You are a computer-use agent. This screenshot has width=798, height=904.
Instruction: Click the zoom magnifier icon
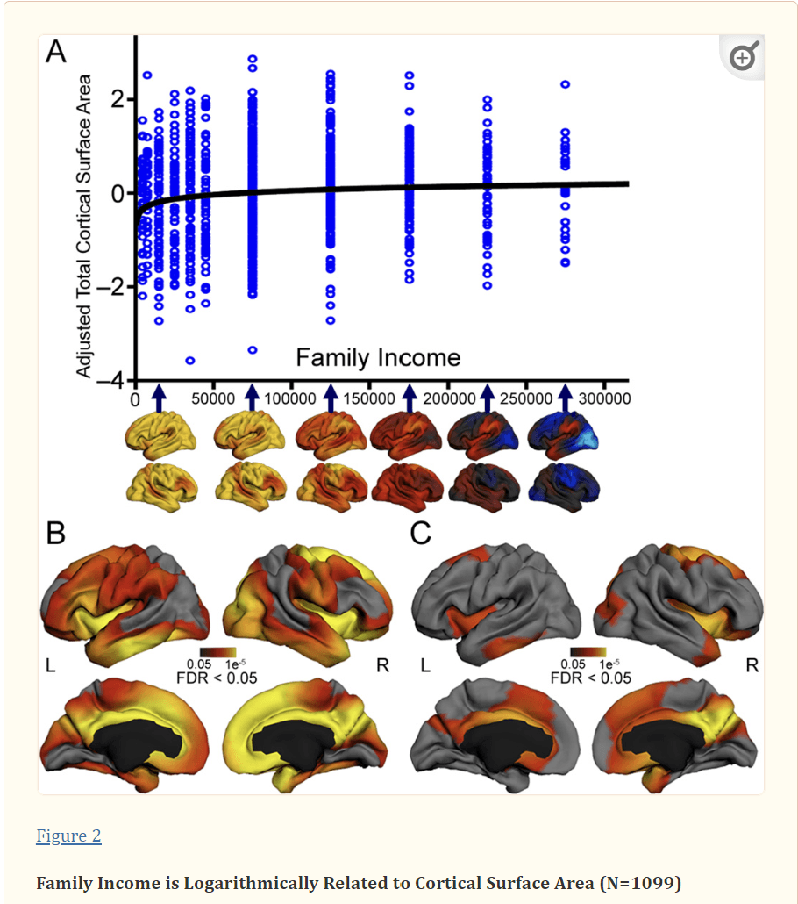click(x=742, y=58)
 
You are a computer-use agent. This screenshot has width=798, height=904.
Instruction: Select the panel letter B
click(x=55, y=533)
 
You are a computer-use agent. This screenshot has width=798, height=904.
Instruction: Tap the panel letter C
click(x=421, y=533)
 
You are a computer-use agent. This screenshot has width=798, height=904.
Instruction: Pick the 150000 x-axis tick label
click(x=369, y=398)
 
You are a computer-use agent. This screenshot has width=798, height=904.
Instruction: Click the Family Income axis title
click(x=377, y=357)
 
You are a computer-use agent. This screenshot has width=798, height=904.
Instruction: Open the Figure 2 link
click(x=68, y=836)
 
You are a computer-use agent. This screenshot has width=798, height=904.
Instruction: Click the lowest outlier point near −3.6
click(x=189, y=361)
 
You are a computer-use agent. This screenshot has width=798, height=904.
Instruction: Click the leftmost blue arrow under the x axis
click(x=159, y=398)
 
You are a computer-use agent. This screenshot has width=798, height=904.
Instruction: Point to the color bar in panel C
click(x=588, y=652)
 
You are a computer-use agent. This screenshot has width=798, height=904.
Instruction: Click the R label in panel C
click(x=752, y=665)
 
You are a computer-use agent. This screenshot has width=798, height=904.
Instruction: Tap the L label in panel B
click(x=51, y=665)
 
